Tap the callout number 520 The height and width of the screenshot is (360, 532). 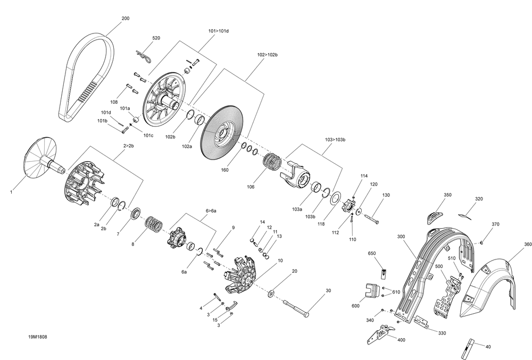pyautogui.click(x=156, y=38)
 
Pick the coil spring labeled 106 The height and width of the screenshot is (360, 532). pyautogui.click(x=273, y=162)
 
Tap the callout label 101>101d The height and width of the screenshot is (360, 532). pyautogui.click(x=218, y=31)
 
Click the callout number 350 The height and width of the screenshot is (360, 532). pyautogui.click(x=447, y=195)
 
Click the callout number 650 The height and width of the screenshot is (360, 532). pyautogui.click(x=372, y=254)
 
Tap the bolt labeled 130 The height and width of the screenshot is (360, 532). pyautogui.click(x=371, y=217)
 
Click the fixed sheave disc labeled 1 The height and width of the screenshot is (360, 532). pyautogui.click(x=40, y=157)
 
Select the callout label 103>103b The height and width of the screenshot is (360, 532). pyautogui.click(x=335, y=139)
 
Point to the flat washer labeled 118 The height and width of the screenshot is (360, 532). pyautogui.click(x=336, y=199)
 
